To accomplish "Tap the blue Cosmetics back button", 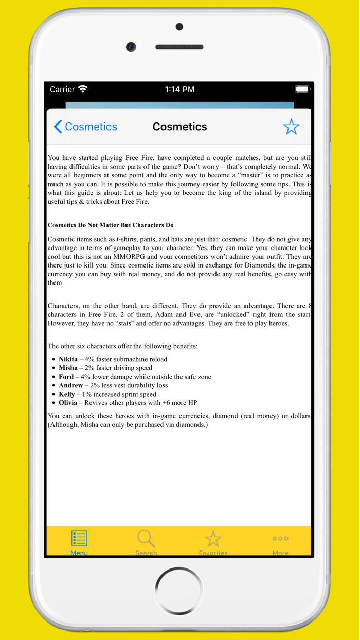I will point(85,127).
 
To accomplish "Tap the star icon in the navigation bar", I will point(291,127).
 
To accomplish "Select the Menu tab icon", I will point(79,539).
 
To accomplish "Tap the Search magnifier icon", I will point(146,539).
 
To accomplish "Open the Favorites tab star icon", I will point(213,539).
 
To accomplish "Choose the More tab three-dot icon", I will point(280,539).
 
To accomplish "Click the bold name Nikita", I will point(68,359).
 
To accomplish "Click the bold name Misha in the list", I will point(68,368).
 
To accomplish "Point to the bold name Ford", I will point(66,377).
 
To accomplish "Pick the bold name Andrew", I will point(70,385).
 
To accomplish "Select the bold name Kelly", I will point(66,394).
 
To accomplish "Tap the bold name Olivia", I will point(68,403).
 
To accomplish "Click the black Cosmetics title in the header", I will point(179,127).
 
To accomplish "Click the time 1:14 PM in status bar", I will point(179,90).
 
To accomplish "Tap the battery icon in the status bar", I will point(302,89).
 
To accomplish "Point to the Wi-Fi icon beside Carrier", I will point(83,89).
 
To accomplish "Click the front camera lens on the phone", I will point(131,47).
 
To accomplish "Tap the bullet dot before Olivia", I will point(53,403).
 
